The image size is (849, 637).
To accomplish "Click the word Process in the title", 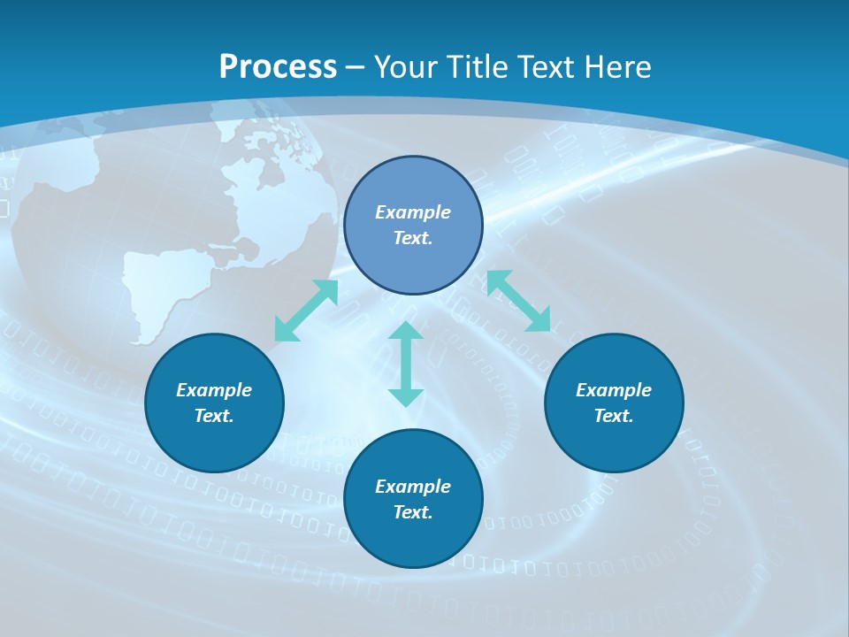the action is pos(278,67).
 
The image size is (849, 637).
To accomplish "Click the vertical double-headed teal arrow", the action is pos(406,364).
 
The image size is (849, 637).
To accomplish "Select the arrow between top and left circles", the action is pos(306,311).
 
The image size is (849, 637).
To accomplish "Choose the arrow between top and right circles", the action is pos(518,301).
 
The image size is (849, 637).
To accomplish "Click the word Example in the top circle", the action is pos(413,212).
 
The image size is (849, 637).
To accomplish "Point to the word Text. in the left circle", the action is pos(214,416).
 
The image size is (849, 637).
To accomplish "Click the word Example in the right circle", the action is pos(614,390).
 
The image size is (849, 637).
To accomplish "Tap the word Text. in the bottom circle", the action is pos(413,512).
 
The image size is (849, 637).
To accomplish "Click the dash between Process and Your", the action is pos(356,67).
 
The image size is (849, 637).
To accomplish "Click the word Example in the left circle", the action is pos(214,390).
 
